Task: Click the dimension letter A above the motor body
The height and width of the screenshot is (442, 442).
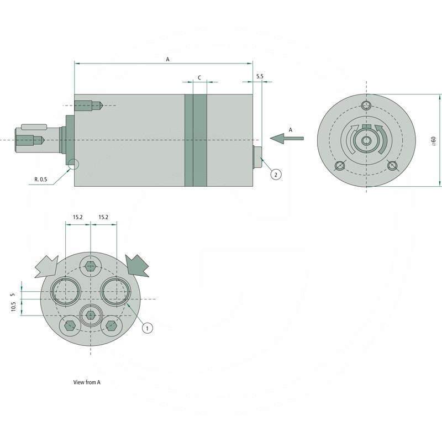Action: pos(168,59)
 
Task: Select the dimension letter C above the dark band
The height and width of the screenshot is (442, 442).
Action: pos(199,78)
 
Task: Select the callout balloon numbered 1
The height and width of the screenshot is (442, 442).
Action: pos(147,328)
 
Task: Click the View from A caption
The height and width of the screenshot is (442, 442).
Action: pos(87,382)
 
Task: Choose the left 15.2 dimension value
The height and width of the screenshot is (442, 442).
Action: pos(77,218)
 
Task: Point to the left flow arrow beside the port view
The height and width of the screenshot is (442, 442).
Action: pos(46,267)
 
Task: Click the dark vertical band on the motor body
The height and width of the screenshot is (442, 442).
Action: pos(196,140)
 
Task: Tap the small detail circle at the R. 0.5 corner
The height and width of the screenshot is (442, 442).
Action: pos(72,164)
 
